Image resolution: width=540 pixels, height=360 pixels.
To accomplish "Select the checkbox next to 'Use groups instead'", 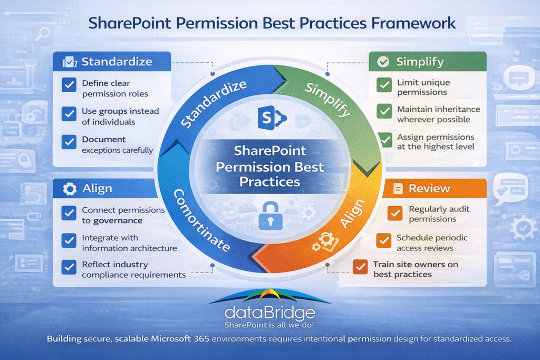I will (x=69, y=113).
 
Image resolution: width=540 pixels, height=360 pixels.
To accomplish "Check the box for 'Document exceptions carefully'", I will (x=69, y=142).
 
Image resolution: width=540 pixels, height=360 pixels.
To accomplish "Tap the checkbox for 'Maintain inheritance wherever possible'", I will (x=384, y=111).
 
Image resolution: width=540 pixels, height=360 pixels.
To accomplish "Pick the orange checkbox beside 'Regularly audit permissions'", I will (x=395, y=213).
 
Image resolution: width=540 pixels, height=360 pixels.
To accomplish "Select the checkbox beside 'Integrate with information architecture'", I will (x=69, y=240).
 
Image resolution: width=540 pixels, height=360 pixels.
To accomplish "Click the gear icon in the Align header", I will (x=69, y=189).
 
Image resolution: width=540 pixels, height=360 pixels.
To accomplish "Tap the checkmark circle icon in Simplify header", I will (x=383, y=62).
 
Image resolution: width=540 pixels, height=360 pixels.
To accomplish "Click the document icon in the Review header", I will (x=398, y=189).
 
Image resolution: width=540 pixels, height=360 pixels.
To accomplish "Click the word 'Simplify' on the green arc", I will (x=327, y=100).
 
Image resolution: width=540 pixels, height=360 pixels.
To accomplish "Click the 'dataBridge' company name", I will (x=269, y=312).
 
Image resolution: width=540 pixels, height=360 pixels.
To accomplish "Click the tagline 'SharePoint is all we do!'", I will (x=269, y=325).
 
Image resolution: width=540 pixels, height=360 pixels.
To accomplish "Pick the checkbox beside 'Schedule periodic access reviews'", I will (x=384, y=240).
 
